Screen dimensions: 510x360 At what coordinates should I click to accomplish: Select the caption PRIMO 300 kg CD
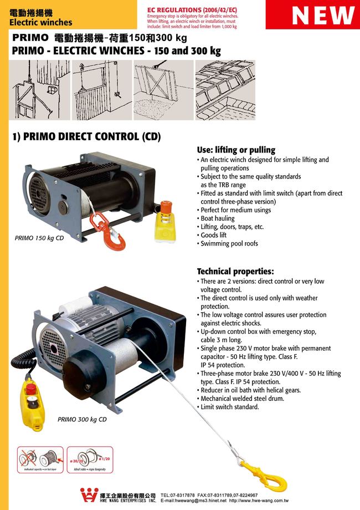82,420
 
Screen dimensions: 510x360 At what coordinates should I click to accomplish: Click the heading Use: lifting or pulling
236,150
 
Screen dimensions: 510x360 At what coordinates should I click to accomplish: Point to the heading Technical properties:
235,272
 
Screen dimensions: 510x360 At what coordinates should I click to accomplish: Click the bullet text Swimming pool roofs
229,243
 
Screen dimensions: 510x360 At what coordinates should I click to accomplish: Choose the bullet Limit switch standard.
229,407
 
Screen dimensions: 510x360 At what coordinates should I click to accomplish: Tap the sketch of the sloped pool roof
224,90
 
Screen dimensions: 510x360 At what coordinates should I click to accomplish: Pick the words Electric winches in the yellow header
41,23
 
